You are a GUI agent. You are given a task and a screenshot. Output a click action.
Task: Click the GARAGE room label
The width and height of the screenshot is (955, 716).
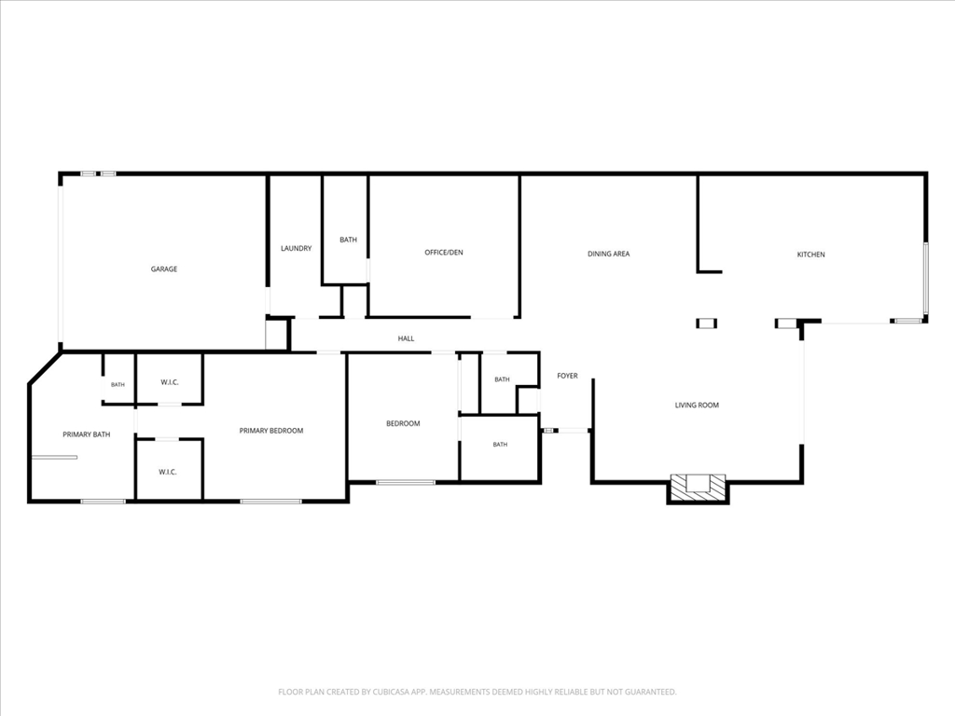pos(164,269)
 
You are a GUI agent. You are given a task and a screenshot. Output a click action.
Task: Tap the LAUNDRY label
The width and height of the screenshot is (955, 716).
pos(296,248)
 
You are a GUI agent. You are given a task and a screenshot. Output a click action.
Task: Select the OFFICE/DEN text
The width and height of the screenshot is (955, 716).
pos(443,252)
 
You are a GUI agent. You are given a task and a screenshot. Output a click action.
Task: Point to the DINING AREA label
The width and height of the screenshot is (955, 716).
pos(608,254)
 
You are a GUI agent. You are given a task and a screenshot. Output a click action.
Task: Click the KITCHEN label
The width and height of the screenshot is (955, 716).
pos(810,255)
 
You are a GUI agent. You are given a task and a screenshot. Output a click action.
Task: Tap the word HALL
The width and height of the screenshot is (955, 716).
pos(406,338)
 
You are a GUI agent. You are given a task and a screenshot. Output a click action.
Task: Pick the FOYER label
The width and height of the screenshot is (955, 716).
pos(567,376)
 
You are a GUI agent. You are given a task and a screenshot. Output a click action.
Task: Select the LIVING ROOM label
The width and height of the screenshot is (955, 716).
pos(697,405)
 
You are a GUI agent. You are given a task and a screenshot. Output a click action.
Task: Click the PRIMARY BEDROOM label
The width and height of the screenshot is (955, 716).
pos(271,431)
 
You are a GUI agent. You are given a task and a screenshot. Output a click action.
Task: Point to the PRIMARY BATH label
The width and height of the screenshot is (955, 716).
pos(87,434)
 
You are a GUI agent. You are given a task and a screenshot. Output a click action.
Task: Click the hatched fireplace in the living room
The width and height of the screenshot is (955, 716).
pos(698,488)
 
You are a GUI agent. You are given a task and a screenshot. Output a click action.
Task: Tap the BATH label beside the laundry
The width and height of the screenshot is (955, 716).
pos(349,240)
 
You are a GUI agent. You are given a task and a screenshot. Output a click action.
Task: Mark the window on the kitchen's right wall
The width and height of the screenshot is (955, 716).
pos(925,278)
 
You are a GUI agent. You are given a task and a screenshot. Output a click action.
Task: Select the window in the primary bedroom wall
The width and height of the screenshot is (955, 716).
pos(271,501)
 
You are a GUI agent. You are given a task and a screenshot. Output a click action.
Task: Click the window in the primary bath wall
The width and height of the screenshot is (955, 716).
pos(103,501)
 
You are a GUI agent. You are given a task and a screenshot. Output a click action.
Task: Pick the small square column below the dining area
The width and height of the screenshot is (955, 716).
pos(707,324)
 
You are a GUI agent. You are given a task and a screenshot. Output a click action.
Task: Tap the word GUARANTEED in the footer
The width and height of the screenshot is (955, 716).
pos(651,692)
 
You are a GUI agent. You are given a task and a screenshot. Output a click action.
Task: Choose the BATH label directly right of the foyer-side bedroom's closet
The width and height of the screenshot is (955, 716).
pos(502,379)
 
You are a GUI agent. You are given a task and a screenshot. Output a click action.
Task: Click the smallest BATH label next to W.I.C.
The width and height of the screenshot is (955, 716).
pos(118,385)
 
